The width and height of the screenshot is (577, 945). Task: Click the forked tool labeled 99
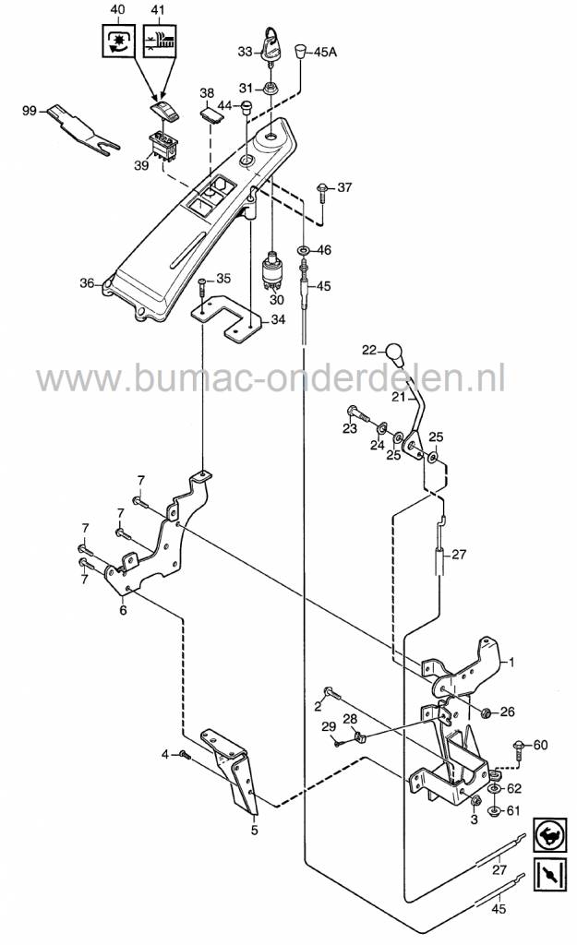(x=80, y=129)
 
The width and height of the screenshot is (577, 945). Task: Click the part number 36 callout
(x=87, y=283)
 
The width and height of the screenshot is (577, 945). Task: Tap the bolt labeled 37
(x=321, y=191)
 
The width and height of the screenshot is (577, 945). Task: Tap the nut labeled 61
(x=493, y=812)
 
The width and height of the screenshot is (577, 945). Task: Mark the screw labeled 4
(x=184, y=755)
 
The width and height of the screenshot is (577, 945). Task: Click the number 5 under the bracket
(x=255, y=828)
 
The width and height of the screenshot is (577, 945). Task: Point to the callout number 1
(x=513, y=663)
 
